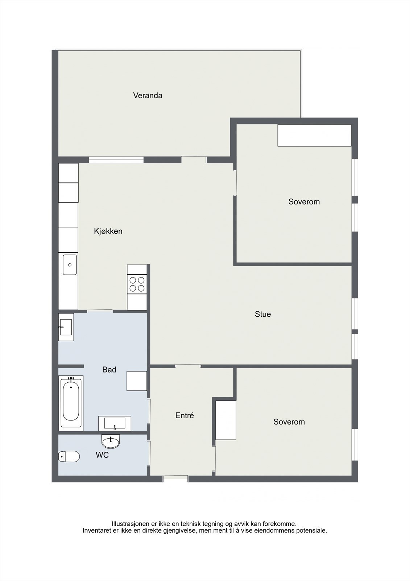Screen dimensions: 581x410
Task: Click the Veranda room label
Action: (x=148, y=96)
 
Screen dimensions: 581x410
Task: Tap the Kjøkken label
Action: (x=108, y=231)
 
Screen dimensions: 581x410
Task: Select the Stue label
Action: (x=263, y=314)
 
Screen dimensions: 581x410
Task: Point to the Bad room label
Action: (x=109, y=370)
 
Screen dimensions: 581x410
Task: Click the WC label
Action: (x=102, y=455)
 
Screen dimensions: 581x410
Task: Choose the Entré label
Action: (x=185, y=415)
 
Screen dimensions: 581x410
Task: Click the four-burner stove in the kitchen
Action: (x=137, y=284)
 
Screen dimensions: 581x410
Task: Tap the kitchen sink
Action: (x=70, y=265)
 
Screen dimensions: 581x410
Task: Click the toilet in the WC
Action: (x=69, y=456)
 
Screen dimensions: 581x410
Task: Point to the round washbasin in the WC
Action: (x=111, y=442)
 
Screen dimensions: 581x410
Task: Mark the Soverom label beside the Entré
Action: (x=289, y=422)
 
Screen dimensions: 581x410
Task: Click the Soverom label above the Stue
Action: (x=304, y=202)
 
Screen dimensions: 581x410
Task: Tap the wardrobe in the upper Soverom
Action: (x=314, y=135)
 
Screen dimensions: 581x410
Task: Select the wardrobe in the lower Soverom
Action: (x=226, y=420)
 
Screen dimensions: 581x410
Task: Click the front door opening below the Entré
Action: (x=175, y=479)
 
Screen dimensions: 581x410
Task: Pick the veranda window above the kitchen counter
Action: (x=116, y=159)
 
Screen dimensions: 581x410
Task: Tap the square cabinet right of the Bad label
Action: (x=137, y=381)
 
